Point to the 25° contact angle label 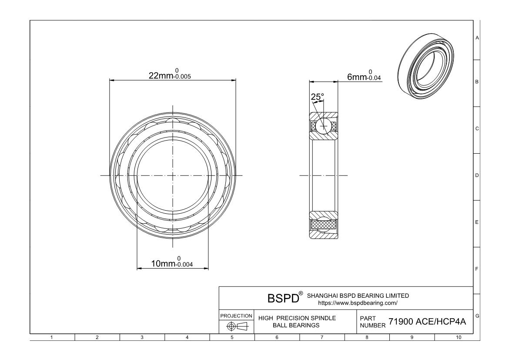[317, 97]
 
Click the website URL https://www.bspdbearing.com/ [358, 303]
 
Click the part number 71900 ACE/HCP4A [427, 322]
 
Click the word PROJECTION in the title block [236, 316]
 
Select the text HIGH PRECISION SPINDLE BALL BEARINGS [297, 322]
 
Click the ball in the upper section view [323, 126]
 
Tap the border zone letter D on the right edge [477, 175]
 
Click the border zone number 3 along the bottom [142, 337]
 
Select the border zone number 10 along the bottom [457, 337]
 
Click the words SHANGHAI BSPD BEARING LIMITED [358, 296]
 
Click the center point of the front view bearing [173, 175]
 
